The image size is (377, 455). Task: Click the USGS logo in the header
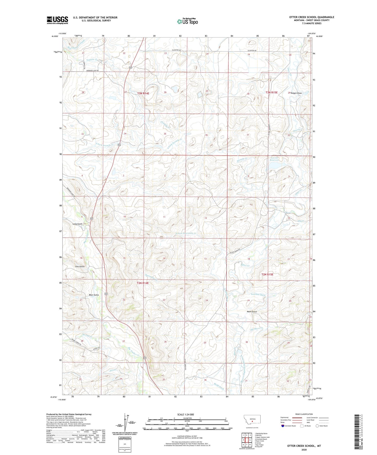click(57, 20)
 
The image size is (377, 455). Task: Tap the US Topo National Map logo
click(187, 21)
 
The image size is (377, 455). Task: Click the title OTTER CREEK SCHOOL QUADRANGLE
click(312, 17)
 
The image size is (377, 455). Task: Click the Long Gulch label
click(77, 224)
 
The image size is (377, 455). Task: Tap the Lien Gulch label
click(80, 266)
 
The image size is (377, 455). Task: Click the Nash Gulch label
click(252, 312)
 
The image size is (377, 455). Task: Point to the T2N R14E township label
click(143, 283)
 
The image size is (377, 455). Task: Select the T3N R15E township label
click(272, 93)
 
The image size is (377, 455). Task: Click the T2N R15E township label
click(267, 274)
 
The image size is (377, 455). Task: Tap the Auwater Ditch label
click(258, 295)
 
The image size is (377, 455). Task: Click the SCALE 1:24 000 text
click(187, 414)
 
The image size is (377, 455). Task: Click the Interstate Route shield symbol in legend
click(283, 426)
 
